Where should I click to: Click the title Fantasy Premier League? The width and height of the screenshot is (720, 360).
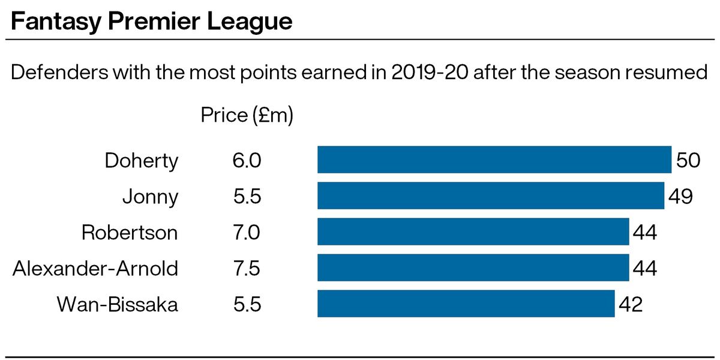click(x=151, y=23)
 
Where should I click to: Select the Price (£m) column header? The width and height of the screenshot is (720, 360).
click(x=247, y=115)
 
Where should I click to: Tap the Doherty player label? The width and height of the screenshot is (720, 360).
click(x=142, y=161)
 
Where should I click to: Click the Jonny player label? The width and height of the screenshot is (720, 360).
click(x=150, y=197)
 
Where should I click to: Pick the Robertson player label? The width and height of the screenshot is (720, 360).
click(x=130, y=232)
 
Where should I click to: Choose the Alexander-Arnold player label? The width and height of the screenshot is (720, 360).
click(x=95, y=268)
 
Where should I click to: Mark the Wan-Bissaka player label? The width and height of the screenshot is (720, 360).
click(x=118, y=304)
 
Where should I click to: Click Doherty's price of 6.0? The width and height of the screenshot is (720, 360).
click(x=247, y=160)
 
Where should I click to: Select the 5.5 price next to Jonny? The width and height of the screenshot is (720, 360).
click(x=247, y=196)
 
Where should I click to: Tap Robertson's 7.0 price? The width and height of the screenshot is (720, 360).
click(x=247, y=232)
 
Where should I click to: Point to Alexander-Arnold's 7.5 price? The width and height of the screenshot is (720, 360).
click(x=247, y=268)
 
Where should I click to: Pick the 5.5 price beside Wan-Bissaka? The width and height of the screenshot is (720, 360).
click(x=247, y=304)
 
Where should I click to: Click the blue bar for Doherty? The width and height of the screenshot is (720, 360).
click(x=494, y=160)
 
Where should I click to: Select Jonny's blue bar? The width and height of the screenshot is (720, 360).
click(x=490, y=196)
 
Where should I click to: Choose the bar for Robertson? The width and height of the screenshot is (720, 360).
click(x=473, y=232)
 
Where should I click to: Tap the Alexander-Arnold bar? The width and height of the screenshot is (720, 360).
click(x=473, y=268)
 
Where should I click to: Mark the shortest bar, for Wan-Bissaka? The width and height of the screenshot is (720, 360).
click(x=466, y=304)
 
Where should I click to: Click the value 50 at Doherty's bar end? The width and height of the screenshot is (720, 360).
click(x=688, y=160)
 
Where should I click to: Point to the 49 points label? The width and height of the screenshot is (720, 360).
click(x=680, y=196)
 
